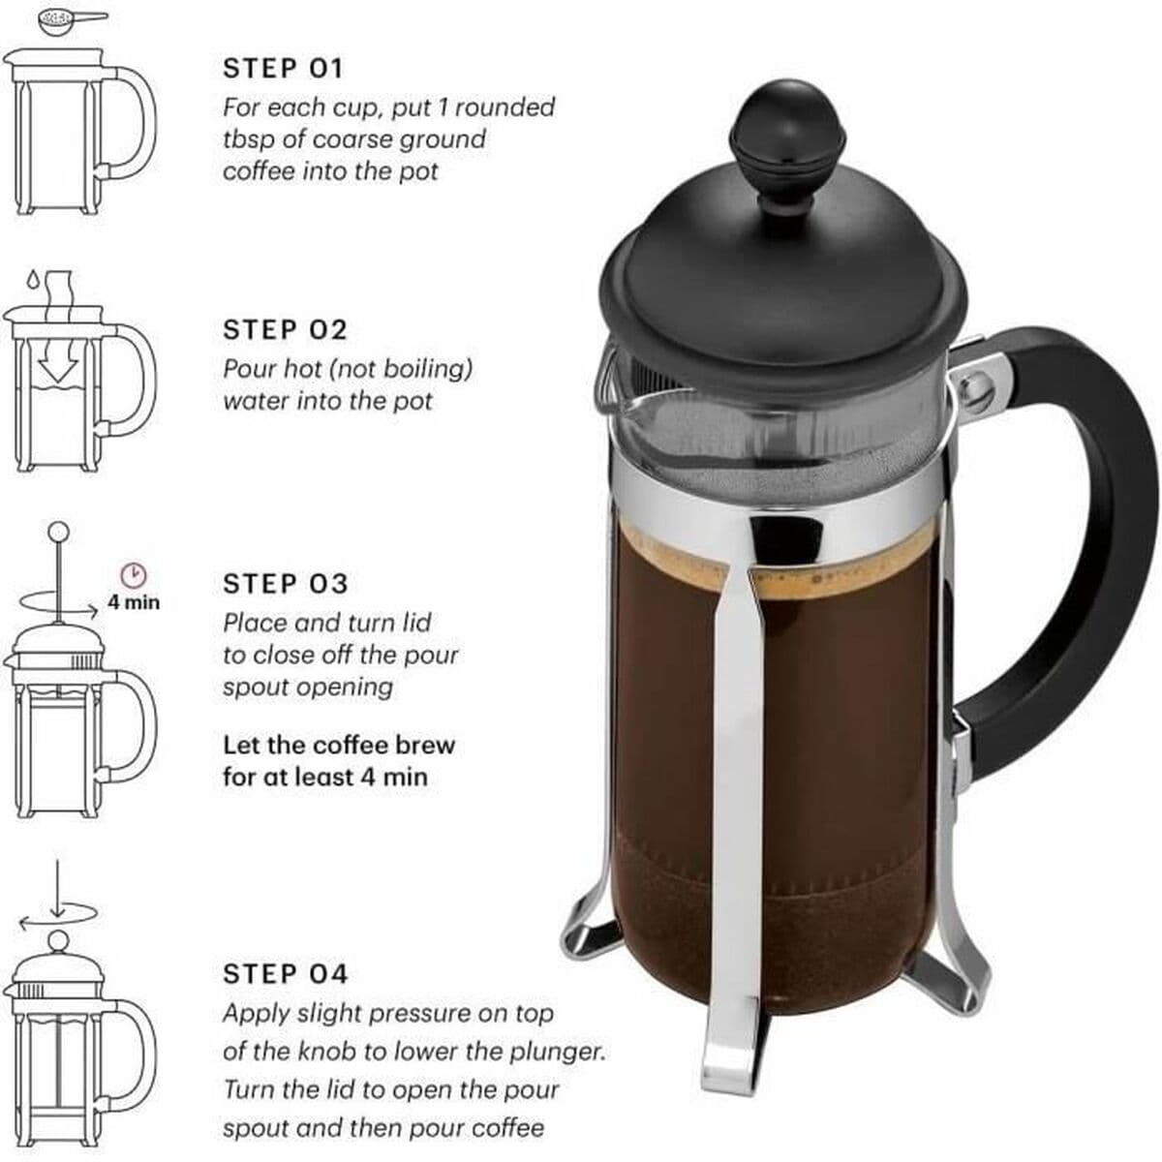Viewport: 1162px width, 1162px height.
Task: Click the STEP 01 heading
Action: coord(283,69)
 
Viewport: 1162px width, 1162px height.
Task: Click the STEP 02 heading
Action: coord(285,330)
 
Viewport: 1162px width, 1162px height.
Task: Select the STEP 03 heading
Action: coord(286,584)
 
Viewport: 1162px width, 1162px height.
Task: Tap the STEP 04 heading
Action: coord(286,973)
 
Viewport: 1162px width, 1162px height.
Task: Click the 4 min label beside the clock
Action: coord(134,602)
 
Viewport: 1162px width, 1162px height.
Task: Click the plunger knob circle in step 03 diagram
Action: coord(58,532)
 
